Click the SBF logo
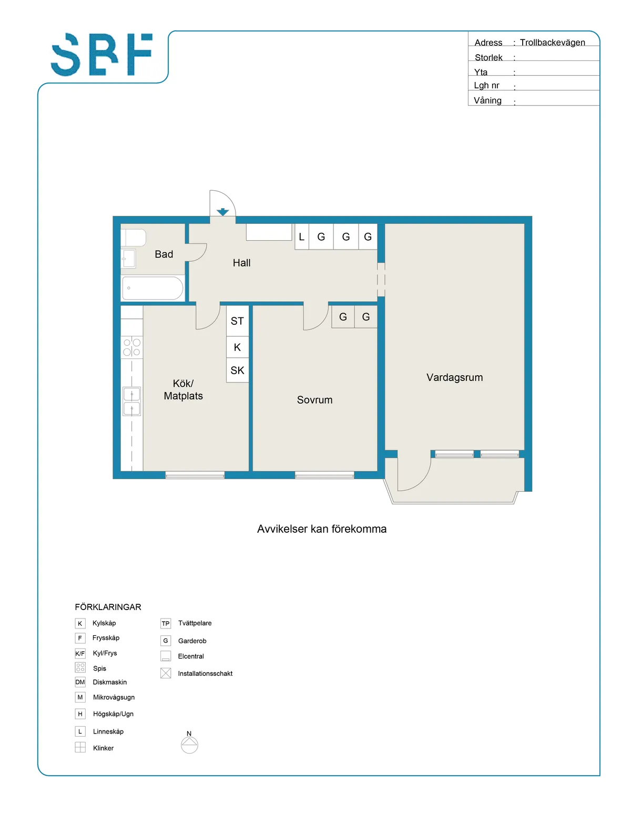(x=101, y=54)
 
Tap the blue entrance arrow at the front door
(x=222, y=212)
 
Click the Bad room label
(x=164, y=254)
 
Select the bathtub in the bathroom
(x=152, y=288)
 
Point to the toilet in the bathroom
(x=134, y=238)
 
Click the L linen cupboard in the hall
(x=302, y=236)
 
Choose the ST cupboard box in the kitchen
(x=237, y=321)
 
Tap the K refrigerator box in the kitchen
(x=237, y=347)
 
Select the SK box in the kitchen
(x=237, y=370)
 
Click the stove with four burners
(x=131, y=347)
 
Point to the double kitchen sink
(x=131, y=401)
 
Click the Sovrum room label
(x=314, y=400)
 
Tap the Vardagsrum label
(x=454, y=377)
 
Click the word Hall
(x=241, y=263)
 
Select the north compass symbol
(x=189, y=743)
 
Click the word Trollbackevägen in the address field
(x=552, y=43)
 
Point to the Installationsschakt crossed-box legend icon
(x=166, y=673)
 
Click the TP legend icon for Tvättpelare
(x=166, y=623)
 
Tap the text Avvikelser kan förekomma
(x=321, y=529)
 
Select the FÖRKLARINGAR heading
(x=108, y=607)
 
